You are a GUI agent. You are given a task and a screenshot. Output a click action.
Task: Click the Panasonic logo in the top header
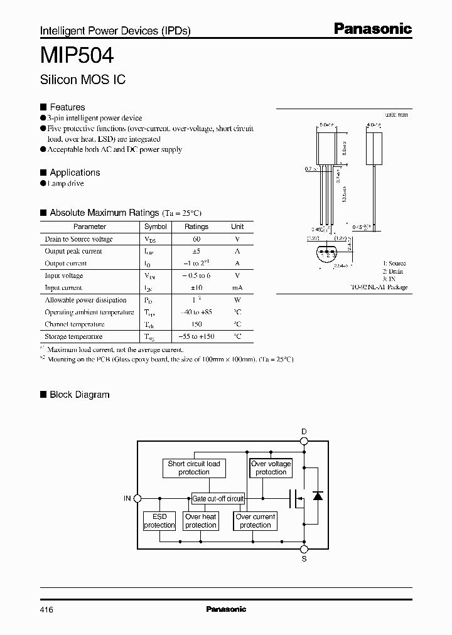372,28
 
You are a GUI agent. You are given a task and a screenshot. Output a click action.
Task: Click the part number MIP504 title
77,56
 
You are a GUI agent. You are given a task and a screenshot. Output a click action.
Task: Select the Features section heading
67,107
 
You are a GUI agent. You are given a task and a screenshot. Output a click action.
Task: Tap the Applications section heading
75,173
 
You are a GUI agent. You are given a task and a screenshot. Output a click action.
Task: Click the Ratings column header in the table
196,227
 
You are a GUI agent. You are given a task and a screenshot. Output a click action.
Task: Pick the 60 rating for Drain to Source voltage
196,239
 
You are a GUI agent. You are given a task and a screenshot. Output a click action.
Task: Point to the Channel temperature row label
70,324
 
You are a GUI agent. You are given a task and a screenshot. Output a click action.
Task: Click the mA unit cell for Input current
237,288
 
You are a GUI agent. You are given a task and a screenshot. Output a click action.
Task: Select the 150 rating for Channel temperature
196,324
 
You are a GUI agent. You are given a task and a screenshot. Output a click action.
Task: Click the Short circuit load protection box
194,468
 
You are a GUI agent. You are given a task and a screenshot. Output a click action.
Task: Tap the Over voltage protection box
271,468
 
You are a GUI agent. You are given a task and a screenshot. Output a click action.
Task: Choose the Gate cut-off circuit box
218,498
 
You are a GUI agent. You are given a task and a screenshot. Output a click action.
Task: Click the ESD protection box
159,521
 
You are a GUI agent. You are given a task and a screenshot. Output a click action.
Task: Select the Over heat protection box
201,521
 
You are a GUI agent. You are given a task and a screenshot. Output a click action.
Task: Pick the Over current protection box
256,521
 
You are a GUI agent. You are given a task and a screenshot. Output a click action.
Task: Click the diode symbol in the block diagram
318,496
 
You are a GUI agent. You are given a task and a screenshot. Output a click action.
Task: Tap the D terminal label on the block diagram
304,432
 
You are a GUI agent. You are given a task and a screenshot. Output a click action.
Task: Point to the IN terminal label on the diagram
127,498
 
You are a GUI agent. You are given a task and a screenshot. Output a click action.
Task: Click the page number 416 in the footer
46,609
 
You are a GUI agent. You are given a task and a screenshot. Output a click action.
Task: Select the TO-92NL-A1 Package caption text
379,287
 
